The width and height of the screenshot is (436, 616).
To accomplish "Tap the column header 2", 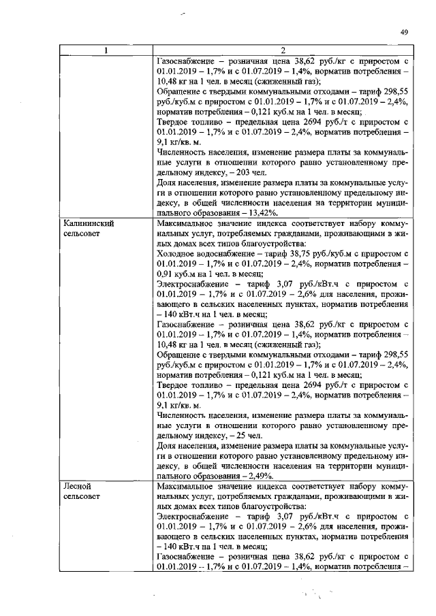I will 283,50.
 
